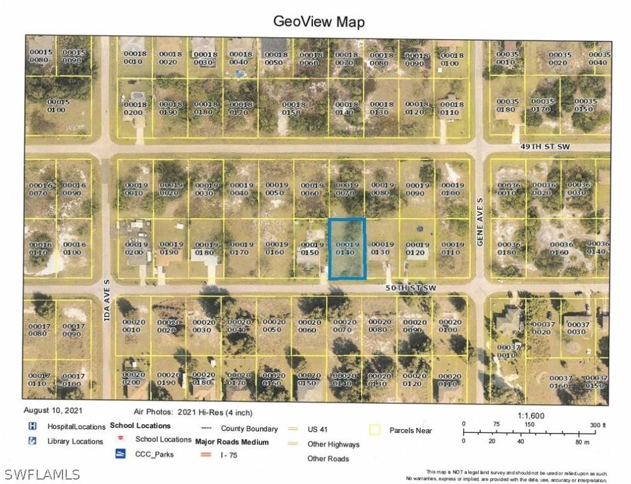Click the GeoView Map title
click(319, 21)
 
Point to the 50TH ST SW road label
click(411, 287)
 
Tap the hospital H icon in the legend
click(32, 427)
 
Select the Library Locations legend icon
click(32, 441)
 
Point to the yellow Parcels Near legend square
click(375, 430)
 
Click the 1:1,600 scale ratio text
click(531, 416)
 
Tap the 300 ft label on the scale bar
click(597, 425)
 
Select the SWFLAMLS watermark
click(41, 473)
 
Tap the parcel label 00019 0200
click(136, 248)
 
